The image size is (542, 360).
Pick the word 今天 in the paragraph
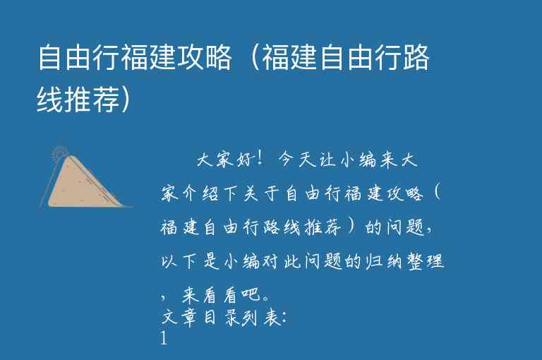(x=299, y=160)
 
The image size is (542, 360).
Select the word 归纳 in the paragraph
(x=380, y=262)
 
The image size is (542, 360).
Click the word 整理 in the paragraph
(x=422, y=262)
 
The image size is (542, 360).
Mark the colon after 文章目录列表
(x=283, y=318)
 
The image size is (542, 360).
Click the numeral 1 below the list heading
(x=164, y=339)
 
